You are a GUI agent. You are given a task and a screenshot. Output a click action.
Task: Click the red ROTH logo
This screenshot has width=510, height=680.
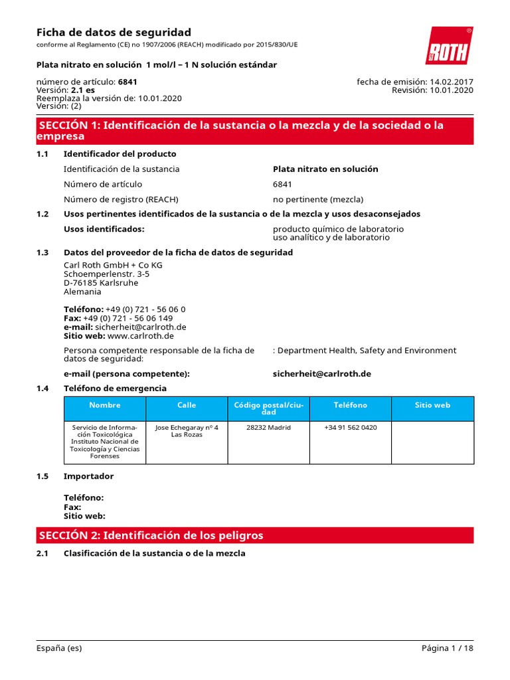[x=449, y=46]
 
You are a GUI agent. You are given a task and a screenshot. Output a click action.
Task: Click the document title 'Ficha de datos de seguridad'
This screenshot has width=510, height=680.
[x=114, y=33]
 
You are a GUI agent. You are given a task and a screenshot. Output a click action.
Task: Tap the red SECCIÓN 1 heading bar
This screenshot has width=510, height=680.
[x=255, y=131]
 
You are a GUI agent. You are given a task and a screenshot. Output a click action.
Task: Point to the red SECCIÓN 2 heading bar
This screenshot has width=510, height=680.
[x=255, y=535]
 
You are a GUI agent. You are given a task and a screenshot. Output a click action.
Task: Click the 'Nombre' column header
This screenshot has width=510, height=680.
[x=104, y=405]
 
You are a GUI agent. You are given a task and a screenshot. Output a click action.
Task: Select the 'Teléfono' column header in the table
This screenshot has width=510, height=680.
[x=350, y=405]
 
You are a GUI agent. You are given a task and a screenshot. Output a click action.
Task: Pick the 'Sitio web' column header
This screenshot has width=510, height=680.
[x=432, y=405]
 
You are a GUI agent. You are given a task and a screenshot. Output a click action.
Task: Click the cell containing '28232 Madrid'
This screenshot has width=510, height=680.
[x=268, y=428]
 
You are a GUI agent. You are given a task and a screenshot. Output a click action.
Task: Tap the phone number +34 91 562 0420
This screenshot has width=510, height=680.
[x=350, y=428]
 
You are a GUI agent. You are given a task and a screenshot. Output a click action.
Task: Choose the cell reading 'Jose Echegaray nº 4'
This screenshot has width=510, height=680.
[x=187, y=428]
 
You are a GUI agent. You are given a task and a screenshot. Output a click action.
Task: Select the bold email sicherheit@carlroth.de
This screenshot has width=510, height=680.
[x=322, y=374]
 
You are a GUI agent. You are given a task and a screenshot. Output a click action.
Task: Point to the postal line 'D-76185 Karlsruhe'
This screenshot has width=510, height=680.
[x=101, y=283]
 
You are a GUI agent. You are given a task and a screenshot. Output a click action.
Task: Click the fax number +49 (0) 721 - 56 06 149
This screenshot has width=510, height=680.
[x=128, y=318]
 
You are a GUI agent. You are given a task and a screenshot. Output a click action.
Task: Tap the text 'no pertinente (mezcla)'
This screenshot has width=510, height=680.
[x=318, y=199]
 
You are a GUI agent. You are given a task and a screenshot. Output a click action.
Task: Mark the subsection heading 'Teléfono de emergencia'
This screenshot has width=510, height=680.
[x=115, y=388]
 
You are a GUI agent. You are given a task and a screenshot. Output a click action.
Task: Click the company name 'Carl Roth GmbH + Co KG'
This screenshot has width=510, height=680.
[x=113, y=265]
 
